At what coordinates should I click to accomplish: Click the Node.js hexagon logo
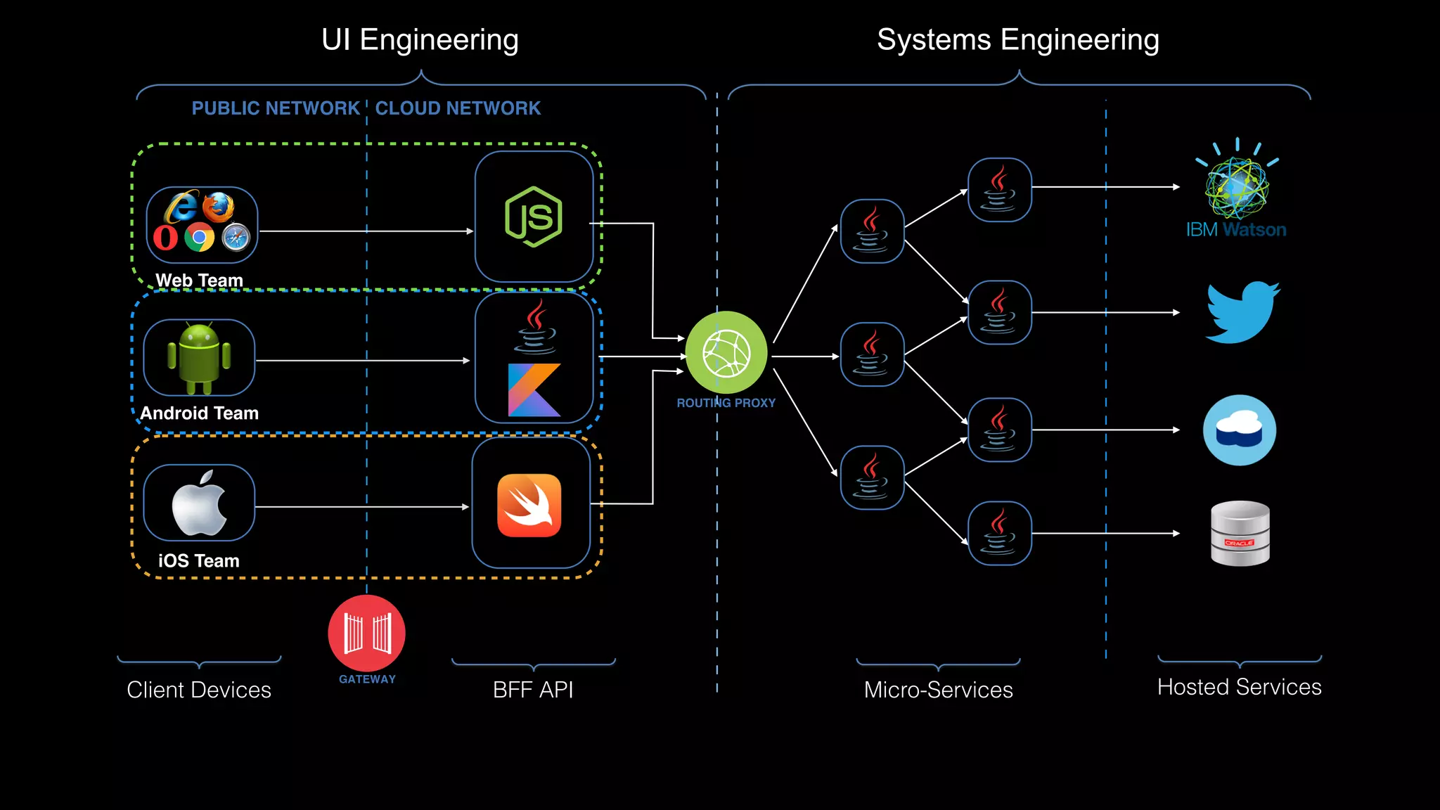(534, 217)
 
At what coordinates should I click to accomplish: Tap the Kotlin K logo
(534, 390)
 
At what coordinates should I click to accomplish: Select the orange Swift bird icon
(529, 505)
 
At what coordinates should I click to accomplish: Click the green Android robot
(199, 358)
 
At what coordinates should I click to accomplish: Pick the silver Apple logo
(199, 503)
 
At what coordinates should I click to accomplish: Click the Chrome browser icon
(199, 238)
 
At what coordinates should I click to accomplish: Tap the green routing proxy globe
(726, 352)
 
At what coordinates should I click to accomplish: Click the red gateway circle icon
(366, 633)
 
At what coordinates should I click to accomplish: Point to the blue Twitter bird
(1242, 312)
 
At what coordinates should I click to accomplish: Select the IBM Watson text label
(1236, 230)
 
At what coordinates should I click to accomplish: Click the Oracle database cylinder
(1240, 533)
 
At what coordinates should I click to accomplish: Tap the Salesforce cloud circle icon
(1240, 430)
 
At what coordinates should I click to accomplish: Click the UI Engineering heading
(420, 40)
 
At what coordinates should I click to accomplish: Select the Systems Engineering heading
(1017, 40)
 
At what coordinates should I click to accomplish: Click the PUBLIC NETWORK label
(275, 108)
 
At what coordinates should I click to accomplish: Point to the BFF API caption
(533, 690)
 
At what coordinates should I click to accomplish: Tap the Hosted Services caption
(1239, 687)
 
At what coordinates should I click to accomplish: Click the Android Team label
(199, 413)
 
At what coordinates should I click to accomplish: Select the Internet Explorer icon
(181, 207)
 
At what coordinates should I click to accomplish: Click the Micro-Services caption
(938, 690)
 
